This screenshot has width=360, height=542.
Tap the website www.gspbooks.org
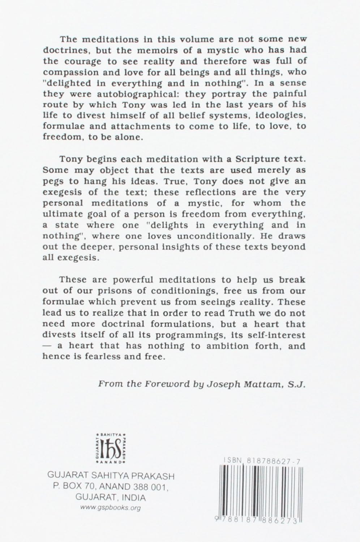click(111, 508)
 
